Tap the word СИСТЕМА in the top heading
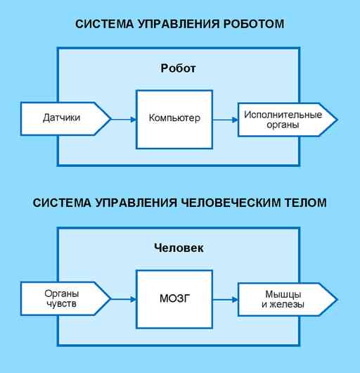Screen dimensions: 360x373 tap(104, 24)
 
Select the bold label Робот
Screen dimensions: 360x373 tap(178, 68)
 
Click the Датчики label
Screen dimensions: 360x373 tap(62, 118)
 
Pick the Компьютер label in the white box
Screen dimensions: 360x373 tap(174, 118)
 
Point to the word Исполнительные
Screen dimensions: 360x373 tap(283, 115)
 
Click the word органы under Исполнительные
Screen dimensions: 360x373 tap(283, 125)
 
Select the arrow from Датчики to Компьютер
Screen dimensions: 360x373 tap(124, 120)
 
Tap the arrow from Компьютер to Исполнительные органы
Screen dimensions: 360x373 tap(225, 120)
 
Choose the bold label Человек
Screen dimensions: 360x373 tap(179, 248)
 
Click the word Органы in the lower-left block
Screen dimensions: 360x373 tap(62, 294)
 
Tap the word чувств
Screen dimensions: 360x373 tap(62, 304)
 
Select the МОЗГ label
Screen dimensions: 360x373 tap(175, 298)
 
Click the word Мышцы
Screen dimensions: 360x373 tap(283, 295)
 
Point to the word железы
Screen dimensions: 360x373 tap(287, 305)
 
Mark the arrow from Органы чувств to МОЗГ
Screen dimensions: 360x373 tap(124, 299)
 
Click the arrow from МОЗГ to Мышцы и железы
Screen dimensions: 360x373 tap(225, 300)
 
